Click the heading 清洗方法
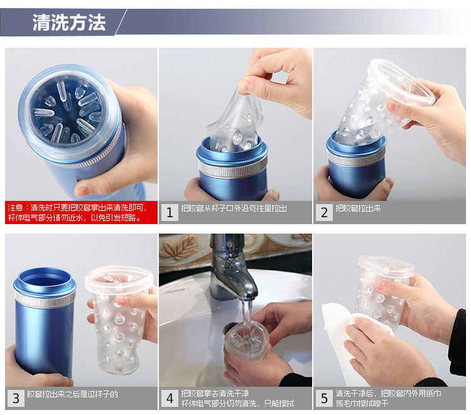click(69, 23)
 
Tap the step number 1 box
click(170, 213)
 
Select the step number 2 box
click(324, 213)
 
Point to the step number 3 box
click(16, 399)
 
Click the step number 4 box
click(170, 399)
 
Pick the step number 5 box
click(324, 399)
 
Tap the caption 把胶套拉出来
click(358, 208)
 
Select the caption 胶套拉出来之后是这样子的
click(73, 394)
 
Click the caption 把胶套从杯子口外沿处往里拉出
click(234, 208)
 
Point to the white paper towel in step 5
click(345, 339)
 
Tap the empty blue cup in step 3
click(45, 321)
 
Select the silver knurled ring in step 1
click(232, 168)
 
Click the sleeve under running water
click(246, 341)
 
